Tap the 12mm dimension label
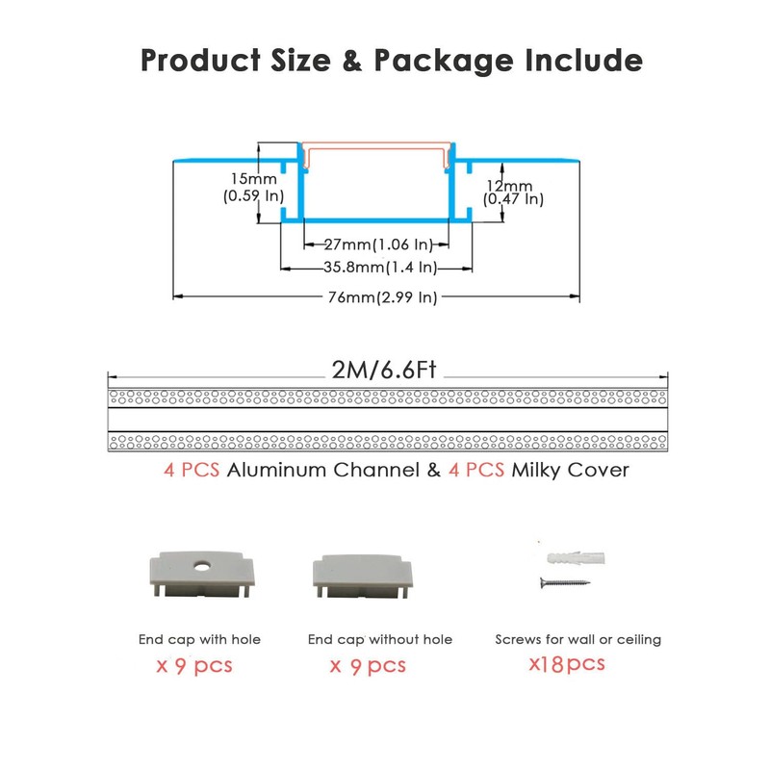tap(508, 185)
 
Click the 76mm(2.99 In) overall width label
tap(382, 297)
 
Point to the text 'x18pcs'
tap(567, 663)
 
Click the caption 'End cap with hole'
tap(199, 639)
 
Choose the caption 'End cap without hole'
tap(380, 639)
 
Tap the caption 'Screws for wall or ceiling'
tap(577, 639)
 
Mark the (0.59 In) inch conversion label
tap(254, 196)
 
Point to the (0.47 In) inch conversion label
tap(513, 199)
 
